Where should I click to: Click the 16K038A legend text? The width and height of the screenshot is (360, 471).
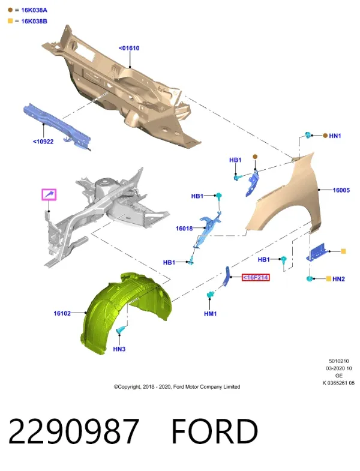(34, 10)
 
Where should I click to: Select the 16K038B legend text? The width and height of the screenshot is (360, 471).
(34, 22)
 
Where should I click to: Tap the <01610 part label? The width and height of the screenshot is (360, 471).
(129, 48)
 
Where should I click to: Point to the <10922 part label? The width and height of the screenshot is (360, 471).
(43, 142)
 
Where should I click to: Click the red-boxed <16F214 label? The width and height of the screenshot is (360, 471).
(256, 278)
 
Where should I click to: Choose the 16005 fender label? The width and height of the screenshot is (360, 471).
(341, 190)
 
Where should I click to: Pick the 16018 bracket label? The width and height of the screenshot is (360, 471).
(184, 229)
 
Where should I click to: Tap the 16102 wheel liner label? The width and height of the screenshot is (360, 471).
(62, 313)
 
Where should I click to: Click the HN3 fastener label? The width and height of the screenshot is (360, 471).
(119, 349)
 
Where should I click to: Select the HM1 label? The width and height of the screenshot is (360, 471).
(211, 314)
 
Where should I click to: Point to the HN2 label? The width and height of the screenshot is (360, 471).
(338, 279)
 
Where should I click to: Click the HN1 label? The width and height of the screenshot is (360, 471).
(335, 136)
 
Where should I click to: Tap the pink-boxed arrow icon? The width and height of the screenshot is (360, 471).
(49, 194)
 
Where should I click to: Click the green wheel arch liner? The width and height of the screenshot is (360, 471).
(126, 313)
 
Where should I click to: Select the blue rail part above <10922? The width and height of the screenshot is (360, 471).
(57, 126)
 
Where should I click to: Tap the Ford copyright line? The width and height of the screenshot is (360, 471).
(176, 387)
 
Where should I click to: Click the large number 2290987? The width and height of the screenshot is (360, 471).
(74, 431)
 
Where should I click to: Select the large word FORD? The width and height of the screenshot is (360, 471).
(215, 431)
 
